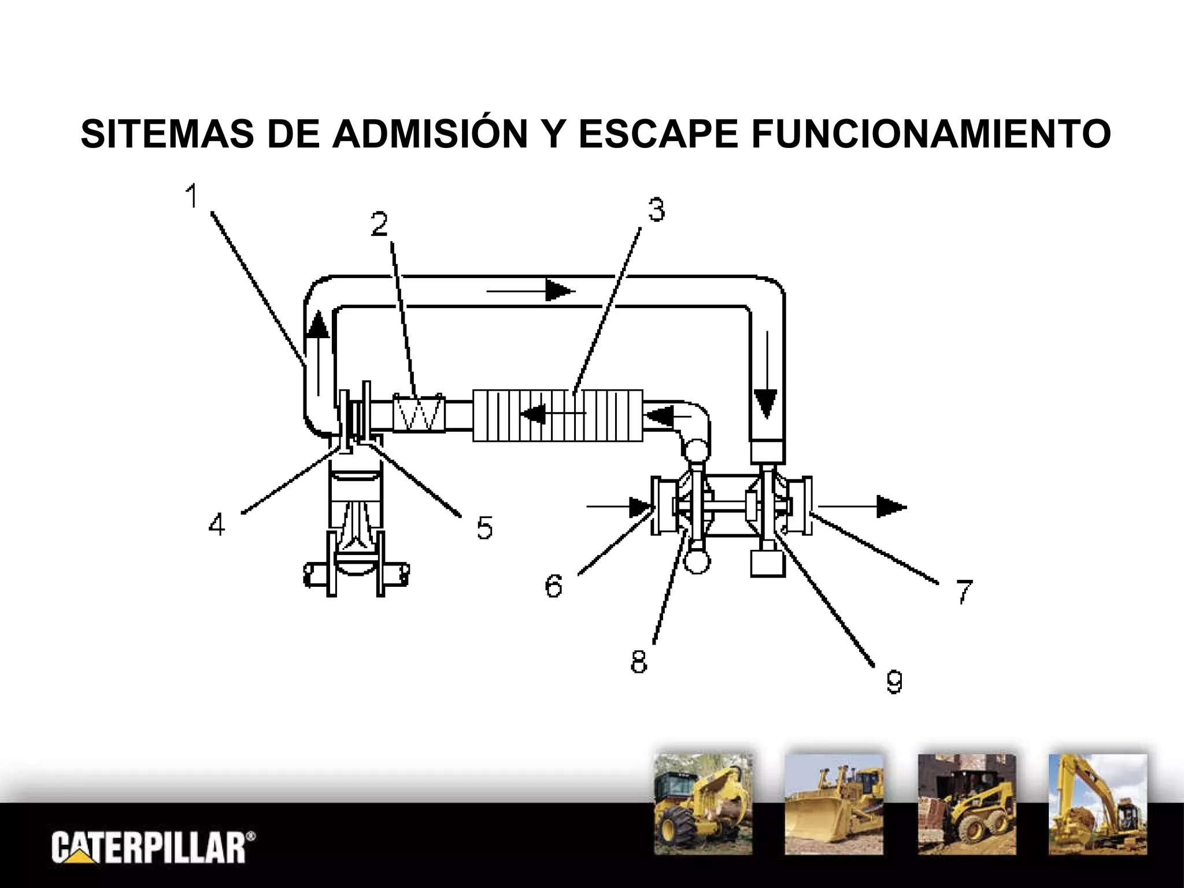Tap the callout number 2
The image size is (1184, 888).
(x=379, y=224)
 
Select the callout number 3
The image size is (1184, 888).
(x=656, y=209)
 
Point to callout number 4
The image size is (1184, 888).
(x=217, y=525)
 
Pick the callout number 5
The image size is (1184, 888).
(x=484, y=527)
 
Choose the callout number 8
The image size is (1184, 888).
(x=639, y=661)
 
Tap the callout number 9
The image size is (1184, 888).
(x=894, y=680)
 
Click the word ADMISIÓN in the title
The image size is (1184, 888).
(x=429, y=134)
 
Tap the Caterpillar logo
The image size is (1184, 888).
(x=153, y=847)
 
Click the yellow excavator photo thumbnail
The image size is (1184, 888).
(x=1098, y=804)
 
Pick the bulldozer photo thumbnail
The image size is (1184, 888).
(x=834, y=804)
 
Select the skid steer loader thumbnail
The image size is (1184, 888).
(x=967, y=804)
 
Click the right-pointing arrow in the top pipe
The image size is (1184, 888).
(x=531, y=291)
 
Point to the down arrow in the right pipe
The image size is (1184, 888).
(x=767, y=375)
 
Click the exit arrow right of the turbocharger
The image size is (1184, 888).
(x=863, y=506)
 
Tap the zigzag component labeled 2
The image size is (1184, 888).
(x=419, y=412)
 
